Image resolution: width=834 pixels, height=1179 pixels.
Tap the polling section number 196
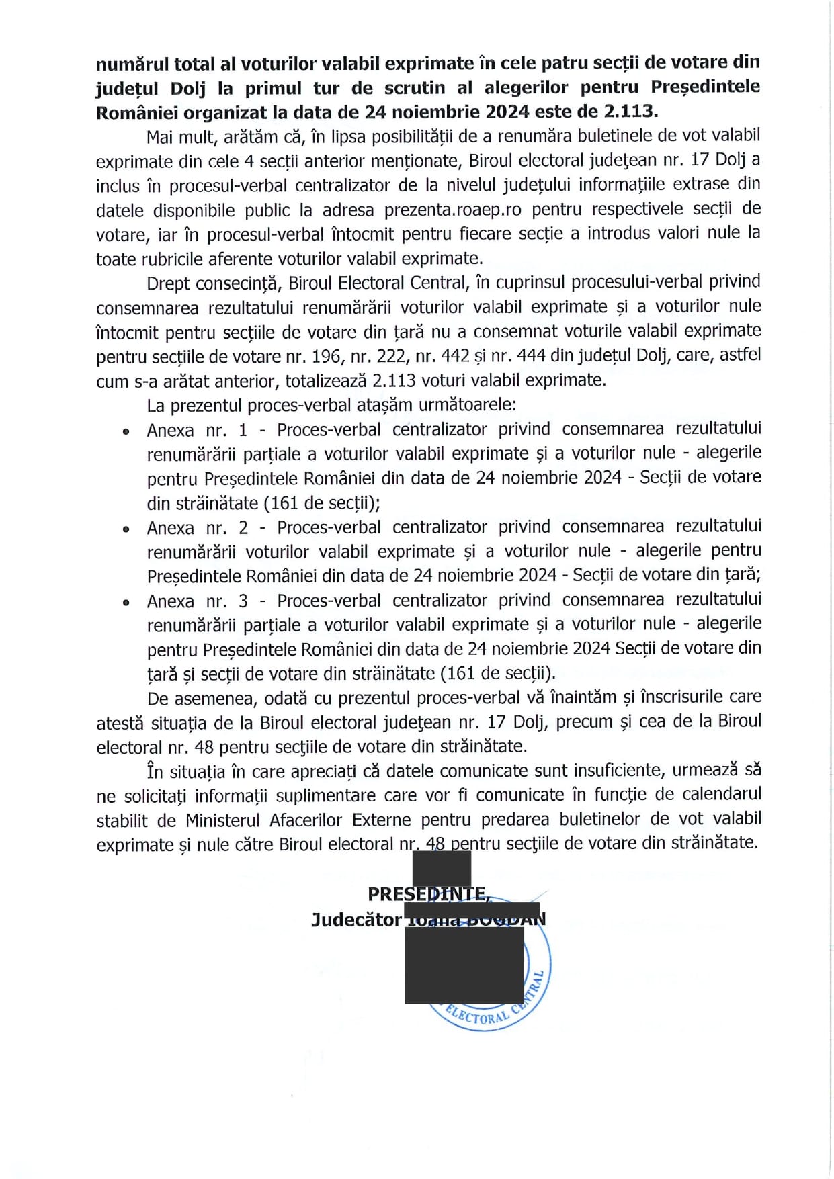pyautogui.click(x=327, y=356)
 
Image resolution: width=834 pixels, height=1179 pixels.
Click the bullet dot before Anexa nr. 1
pyautogui.click(x=126, y=432)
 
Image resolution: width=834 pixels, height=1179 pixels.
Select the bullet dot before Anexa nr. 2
pyautogui.click(x=126, y=529)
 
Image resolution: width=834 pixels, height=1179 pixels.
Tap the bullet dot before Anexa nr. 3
pyautogui.click(x=126, y=603)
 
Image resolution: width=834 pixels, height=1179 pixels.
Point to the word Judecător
pyautogui.click(x=356, y=920)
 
